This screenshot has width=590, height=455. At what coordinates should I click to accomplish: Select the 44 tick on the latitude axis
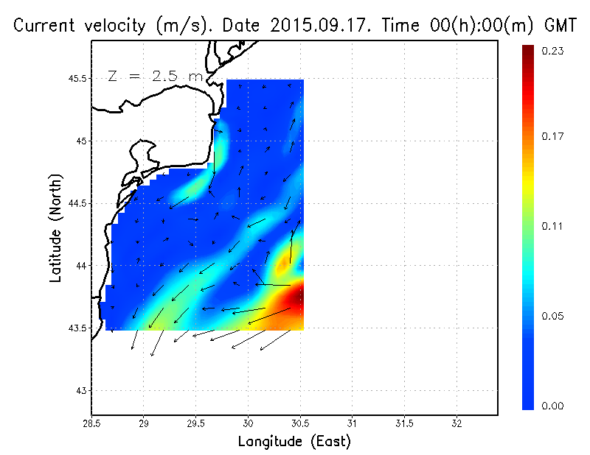80,265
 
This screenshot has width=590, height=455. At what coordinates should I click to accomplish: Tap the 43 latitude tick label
80,390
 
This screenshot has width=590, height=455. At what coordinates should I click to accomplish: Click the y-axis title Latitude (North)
55,228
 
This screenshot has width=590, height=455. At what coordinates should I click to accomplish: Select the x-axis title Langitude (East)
294,442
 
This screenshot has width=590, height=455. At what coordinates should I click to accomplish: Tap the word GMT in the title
560,26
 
